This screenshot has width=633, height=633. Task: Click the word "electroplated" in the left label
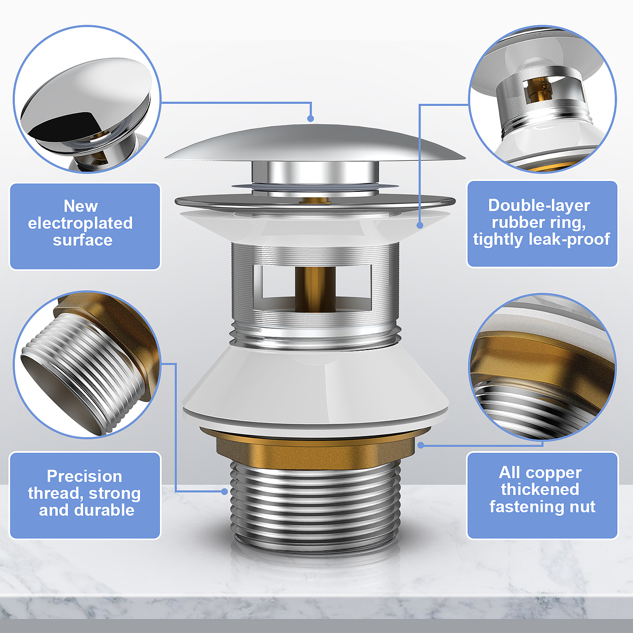tap(80, 224)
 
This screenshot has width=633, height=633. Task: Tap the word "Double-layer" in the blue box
tap(539, 206)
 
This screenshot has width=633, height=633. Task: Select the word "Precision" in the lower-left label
tap(85, 476)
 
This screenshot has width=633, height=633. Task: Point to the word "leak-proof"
tap(569, 239)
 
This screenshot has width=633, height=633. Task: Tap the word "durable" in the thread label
tap(104, 510)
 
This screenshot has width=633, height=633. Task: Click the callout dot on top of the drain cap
tap(311, 119)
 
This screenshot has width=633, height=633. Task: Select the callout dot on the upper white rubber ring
tap(420, 226)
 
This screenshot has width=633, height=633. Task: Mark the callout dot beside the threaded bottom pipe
tap(225, 492)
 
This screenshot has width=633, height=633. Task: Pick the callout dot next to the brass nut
tap(421, 445)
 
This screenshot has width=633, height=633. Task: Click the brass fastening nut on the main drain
tap(316, 448)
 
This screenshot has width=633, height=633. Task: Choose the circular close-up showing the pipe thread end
tap(87, 364)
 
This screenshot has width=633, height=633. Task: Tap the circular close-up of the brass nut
tap(543, 367)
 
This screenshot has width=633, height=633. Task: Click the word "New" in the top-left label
tap(81, 206)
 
